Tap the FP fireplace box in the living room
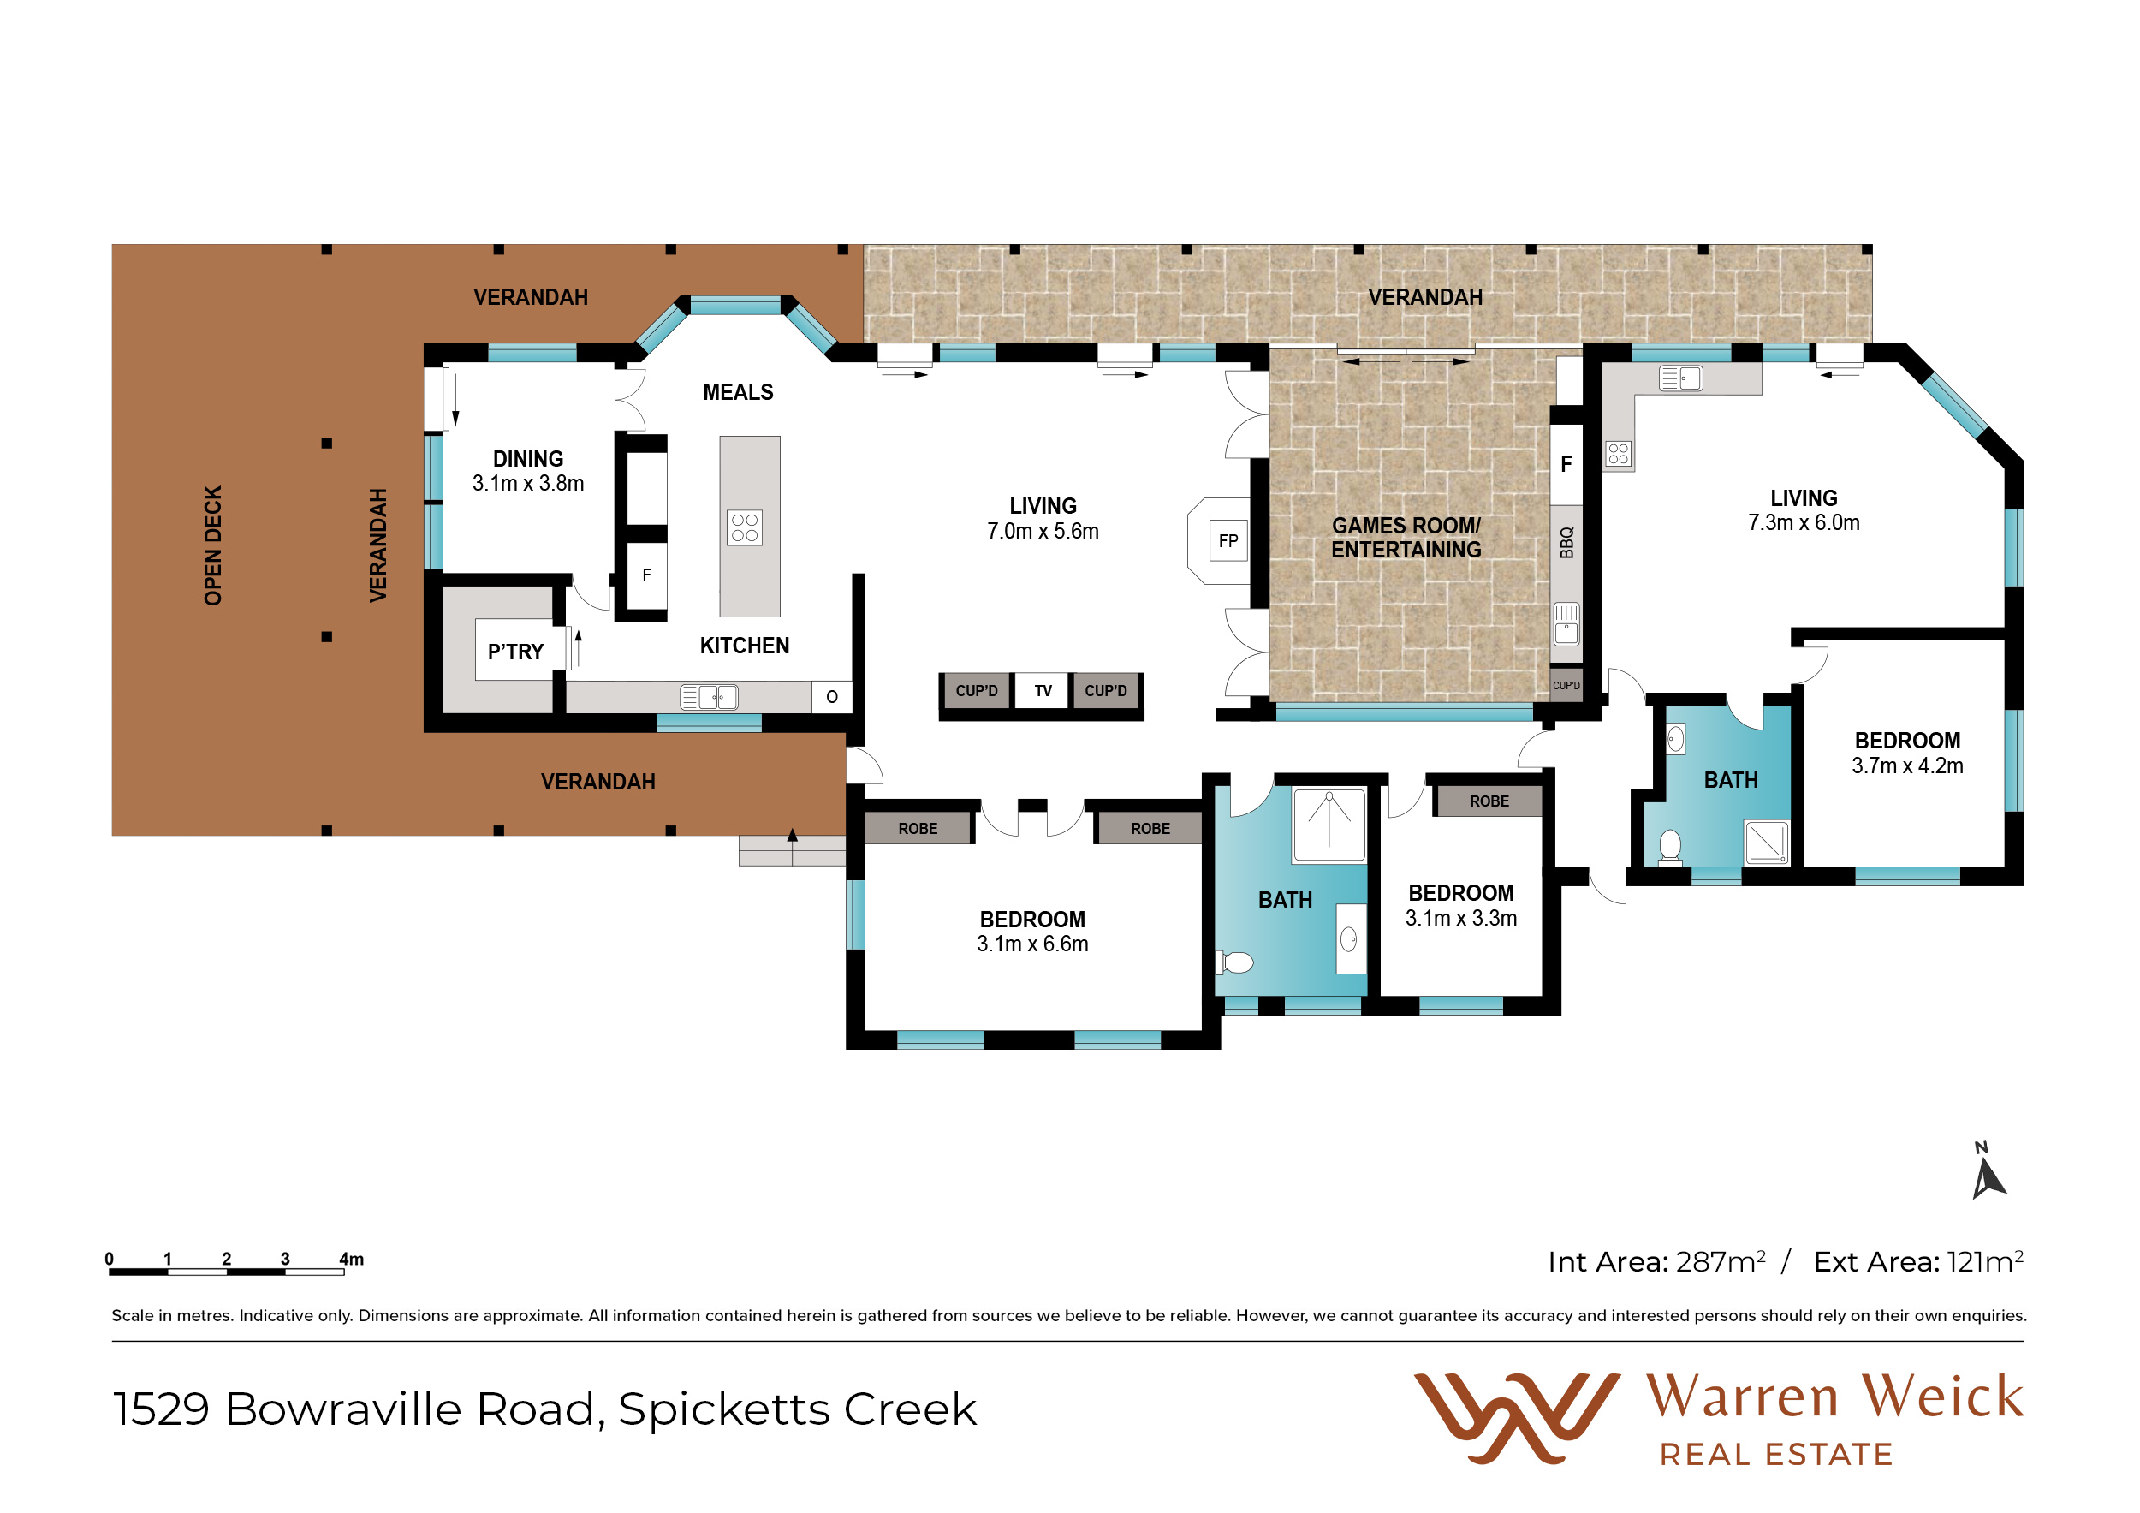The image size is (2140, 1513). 1228,540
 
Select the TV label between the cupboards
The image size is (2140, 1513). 1043,691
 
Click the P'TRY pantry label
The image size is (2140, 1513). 515,652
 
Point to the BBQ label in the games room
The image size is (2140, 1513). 1566,543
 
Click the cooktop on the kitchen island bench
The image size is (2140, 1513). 745,527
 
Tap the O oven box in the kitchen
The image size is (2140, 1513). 832,696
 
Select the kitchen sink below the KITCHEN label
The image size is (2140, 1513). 710,697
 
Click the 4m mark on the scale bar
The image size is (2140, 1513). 351,1260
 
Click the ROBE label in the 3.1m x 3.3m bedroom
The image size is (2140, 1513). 1489,801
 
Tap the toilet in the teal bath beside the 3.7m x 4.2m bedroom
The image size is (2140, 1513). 1670,848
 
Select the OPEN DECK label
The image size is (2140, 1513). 213,545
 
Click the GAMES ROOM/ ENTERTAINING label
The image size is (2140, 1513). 1406,538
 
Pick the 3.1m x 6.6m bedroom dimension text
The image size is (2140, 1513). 1032,944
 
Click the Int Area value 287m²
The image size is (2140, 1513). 1721,1261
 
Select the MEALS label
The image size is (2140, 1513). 738,392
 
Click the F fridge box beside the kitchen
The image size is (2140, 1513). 647,576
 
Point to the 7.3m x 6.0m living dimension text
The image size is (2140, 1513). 1804,523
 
